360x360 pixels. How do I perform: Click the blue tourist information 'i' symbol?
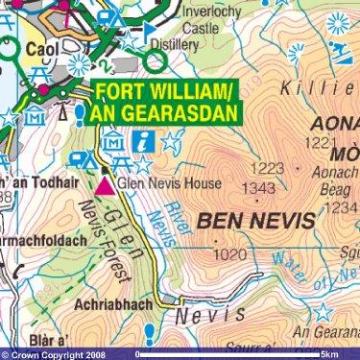click(x=145, y=141)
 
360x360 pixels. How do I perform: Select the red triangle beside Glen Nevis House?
click(x=105, y=183)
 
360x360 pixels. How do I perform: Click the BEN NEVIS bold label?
click(x=254, y=222)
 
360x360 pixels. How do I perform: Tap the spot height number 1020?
click(x=232, y=255)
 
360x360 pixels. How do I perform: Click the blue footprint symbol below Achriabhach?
click(x=151, y=334)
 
